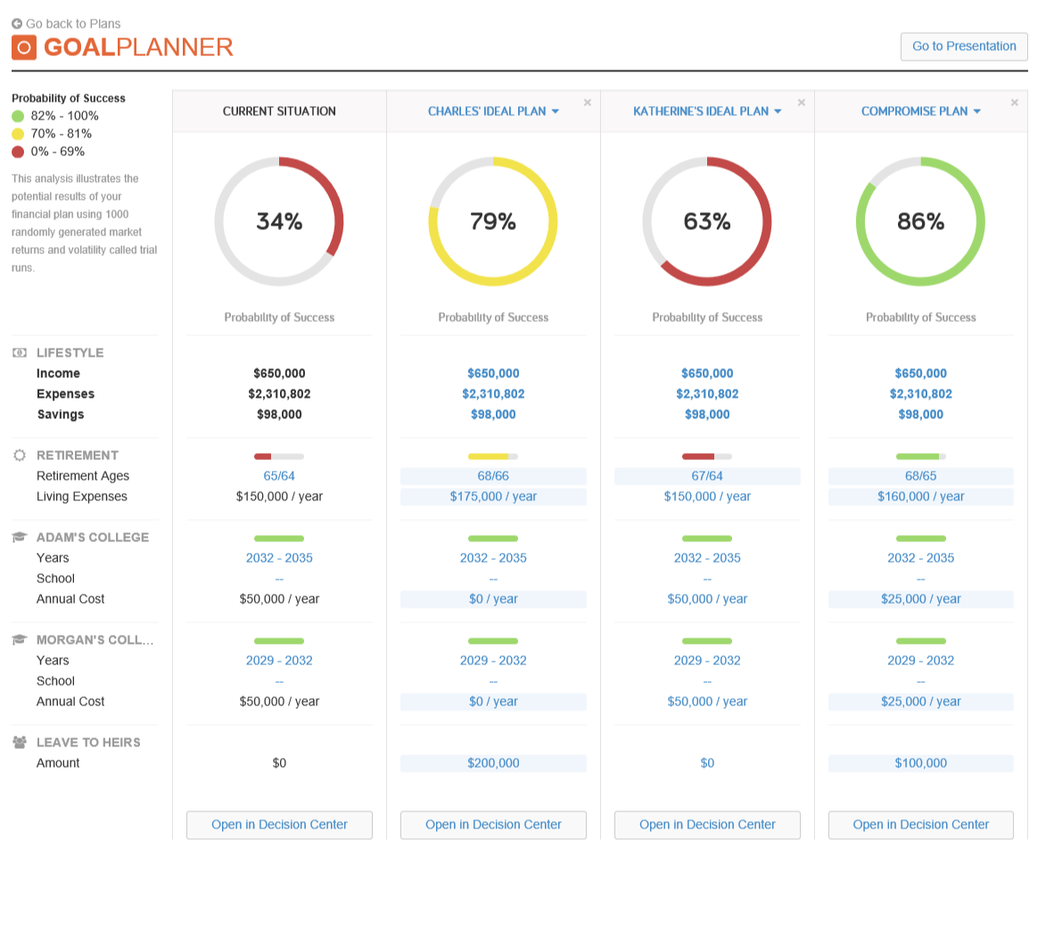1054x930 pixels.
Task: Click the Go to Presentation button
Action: click(x=964, y=46)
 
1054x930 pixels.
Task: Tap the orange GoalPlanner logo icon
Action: click(x=24, y=47)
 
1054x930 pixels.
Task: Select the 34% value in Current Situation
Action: click(x=279, y=221)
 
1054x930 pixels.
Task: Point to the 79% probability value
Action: click(x=493, y=221)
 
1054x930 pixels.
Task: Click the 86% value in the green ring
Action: click(x=920, y=221)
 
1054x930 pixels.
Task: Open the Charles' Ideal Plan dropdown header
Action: click(x=493, y=111)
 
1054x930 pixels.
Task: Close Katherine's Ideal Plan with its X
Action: click(x=801, y=103)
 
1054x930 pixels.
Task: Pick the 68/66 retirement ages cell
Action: click(x=493, y=476)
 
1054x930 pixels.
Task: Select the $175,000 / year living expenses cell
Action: click(x=493, y=497)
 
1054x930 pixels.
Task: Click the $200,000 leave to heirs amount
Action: click(x=493, y=763)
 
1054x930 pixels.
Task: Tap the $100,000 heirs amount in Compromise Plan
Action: click(x=920, y=763)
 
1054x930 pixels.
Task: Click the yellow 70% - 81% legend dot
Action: click(x=18, y=134)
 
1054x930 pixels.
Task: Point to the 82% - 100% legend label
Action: click(x=64, y=116)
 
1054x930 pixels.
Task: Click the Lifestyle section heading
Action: click(x=70, y=353)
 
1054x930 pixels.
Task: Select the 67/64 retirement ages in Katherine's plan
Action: click(x=707, y=476)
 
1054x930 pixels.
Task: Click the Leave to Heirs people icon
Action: click(x=20, y=742)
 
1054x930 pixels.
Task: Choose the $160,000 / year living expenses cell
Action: click(x=920, y=497)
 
